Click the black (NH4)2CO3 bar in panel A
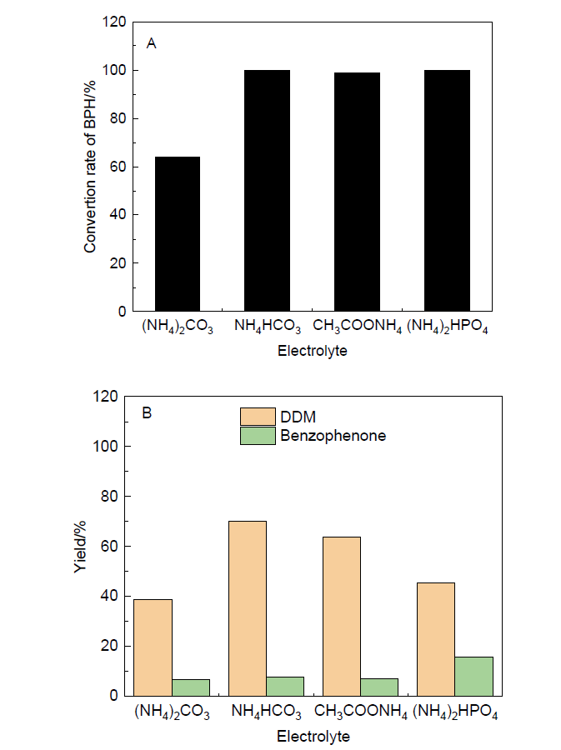177,233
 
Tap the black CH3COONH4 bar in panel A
357,192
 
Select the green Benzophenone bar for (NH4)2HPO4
474,676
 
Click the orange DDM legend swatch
258,416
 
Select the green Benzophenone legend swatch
258,435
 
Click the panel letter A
151,43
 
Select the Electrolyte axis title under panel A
312,352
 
